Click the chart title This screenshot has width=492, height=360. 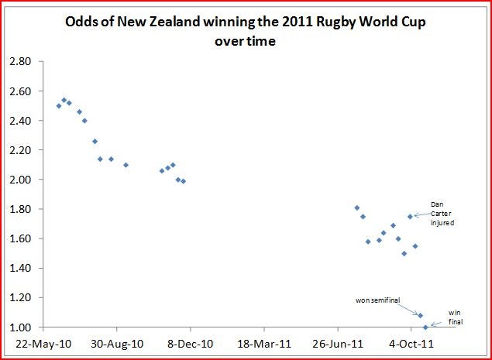pos(245,32)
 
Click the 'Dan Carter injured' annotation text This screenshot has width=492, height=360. pos(442,213)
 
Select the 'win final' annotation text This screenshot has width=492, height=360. pos(456,317)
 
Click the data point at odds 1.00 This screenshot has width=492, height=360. pos(425,327)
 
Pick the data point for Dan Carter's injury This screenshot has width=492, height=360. pos(410,217)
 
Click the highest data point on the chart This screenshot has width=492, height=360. pos(64,100)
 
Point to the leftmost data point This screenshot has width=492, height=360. pos(59,105)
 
